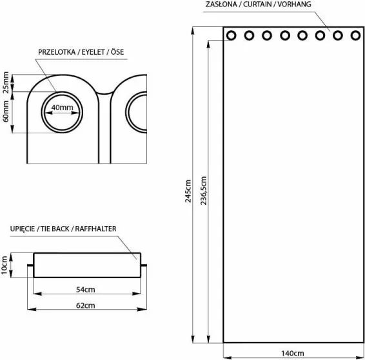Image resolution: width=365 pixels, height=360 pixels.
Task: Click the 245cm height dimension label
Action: [188, 191]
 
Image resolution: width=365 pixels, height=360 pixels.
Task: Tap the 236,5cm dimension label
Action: [203, 191]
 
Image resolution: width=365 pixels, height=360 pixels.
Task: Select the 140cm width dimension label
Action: [293, 354]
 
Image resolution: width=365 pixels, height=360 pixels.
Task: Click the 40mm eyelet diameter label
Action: [62, 108]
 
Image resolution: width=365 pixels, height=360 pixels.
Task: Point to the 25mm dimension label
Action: [6, 82]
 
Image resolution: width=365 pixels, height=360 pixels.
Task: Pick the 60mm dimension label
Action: [6, 111]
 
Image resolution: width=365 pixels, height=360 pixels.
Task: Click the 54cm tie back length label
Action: [85, 290]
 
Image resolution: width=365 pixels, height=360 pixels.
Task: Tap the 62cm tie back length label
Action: [85, 305]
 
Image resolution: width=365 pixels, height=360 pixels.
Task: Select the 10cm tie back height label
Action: [5, 265]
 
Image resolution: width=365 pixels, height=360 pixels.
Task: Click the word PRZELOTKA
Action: [57, 52]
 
